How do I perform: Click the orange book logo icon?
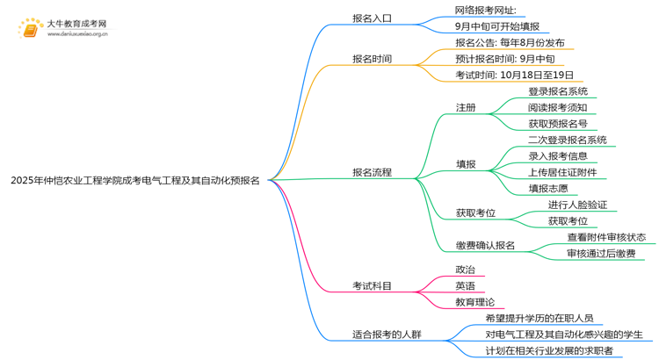tap(30, 29)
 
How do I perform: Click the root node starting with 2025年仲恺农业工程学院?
tap(134, 181)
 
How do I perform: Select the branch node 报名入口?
tap(372, 18)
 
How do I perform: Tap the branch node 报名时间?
tap(372, 59)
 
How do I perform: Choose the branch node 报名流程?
tap(372, 172)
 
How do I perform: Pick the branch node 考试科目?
tap(372, 285)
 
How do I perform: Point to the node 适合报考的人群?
tap(387, 335)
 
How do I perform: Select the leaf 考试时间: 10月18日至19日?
tap(514, 76)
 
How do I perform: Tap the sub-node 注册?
tap(466, 107)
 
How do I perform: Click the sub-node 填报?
tap(466, 164)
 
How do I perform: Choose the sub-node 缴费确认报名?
tap(485, 245)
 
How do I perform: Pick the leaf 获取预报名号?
tap(558, 124)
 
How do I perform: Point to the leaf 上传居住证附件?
tap(563, 172)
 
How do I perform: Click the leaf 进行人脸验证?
tap(577, 205)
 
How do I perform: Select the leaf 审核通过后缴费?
tap(601, 254)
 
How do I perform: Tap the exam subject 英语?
tap(466, 285)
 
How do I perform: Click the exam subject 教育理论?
tap(475, 302)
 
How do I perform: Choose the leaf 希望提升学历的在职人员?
tap(546, 318)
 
